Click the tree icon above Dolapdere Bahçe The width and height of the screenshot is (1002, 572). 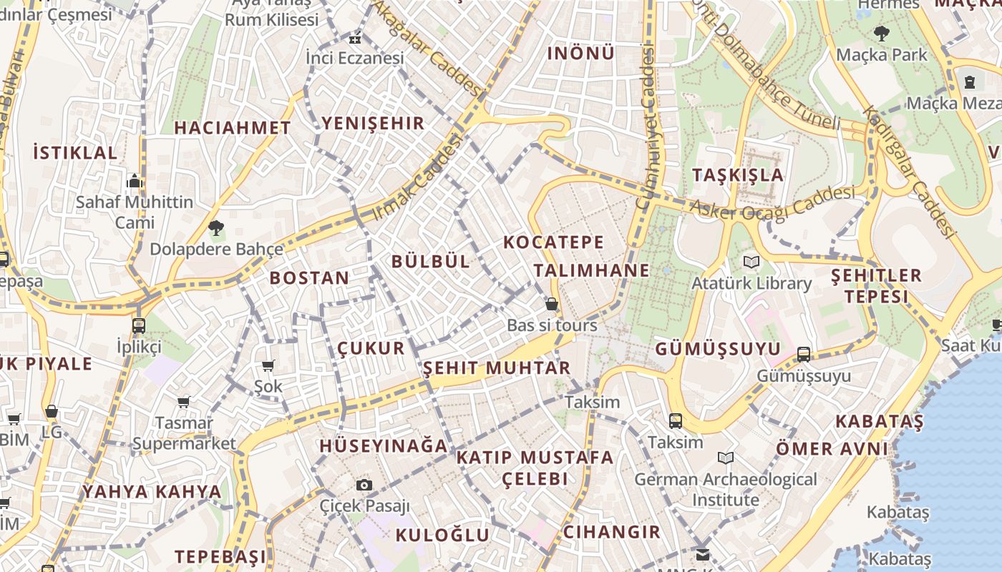click(215, 228)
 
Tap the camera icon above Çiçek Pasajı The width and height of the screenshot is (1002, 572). click(364, 485)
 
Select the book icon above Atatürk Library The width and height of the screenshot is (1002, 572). click(751, 262)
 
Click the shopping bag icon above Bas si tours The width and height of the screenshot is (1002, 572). click(552, 304)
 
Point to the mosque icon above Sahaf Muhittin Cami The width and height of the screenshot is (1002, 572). click(135, 181)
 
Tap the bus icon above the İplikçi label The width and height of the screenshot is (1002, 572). click(139, 326)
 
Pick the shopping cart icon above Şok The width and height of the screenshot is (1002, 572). click(268, 366)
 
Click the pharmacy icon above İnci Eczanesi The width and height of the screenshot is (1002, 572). click(354, 38)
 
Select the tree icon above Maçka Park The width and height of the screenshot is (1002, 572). click(881, 33)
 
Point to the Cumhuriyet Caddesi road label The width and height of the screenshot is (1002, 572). click(646, 129)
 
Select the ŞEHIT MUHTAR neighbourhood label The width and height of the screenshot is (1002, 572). click(497, 368)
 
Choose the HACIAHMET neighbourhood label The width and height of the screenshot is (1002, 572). click(233, 128)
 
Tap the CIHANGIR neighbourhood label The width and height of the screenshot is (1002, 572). click(612, 532)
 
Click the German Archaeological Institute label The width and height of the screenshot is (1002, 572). click(725, 489)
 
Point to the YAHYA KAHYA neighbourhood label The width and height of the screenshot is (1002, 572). click(152, 492)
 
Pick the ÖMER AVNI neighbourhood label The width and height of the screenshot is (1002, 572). click(832, 449)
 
